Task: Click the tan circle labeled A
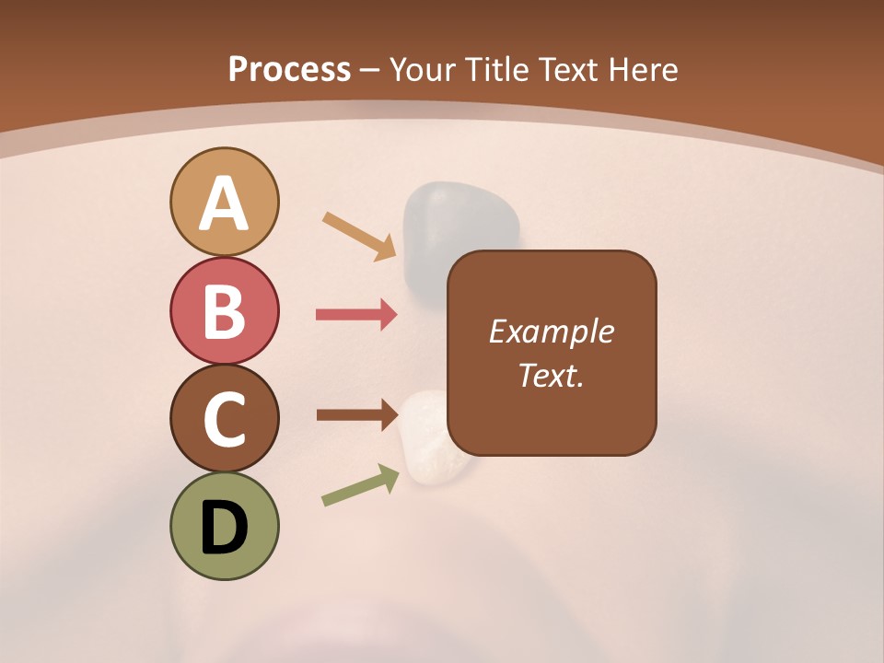point(225,202)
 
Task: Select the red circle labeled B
point(225,310)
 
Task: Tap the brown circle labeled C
point(225,418)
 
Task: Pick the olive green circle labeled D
point(225,527)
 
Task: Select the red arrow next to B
point(355,315)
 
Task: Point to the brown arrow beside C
point(355,415)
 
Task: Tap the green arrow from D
point(360,485)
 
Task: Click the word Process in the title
point(289,70)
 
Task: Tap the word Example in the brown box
point(552,331)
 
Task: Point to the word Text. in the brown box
point(552,375)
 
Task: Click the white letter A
point(225,204)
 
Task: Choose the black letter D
point(225,528)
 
